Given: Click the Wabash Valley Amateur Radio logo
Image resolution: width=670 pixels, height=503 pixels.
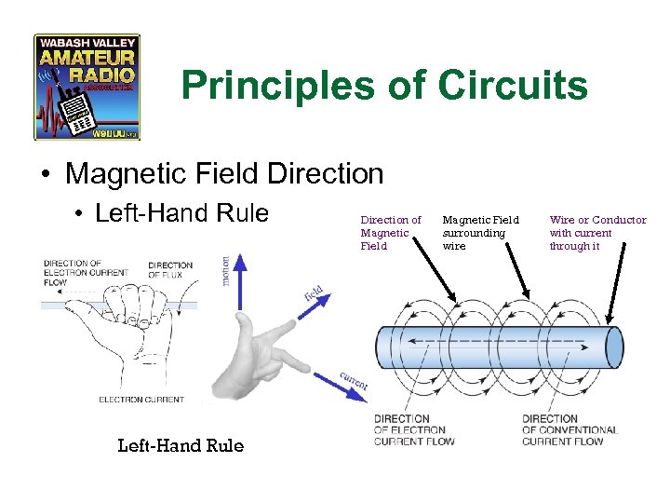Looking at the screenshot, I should pos(87,87).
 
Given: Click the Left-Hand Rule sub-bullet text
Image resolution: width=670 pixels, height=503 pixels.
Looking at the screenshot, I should pos(181,213).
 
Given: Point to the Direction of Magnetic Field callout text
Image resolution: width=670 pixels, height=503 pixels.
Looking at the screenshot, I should pos(390,233).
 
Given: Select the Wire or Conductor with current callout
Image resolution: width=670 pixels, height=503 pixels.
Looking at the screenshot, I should pos(597,233).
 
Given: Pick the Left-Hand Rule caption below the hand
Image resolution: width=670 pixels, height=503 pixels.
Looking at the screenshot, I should pos(181,446).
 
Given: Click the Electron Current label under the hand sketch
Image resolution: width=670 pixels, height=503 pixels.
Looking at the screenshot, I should pos(141,400).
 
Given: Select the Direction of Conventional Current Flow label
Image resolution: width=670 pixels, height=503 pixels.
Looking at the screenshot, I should pos(569,429).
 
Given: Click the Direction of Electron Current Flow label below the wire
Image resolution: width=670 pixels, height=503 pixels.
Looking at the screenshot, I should pos(414,429).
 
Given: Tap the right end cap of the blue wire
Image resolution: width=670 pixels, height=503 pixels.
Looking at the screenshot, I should pos(613,347).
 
